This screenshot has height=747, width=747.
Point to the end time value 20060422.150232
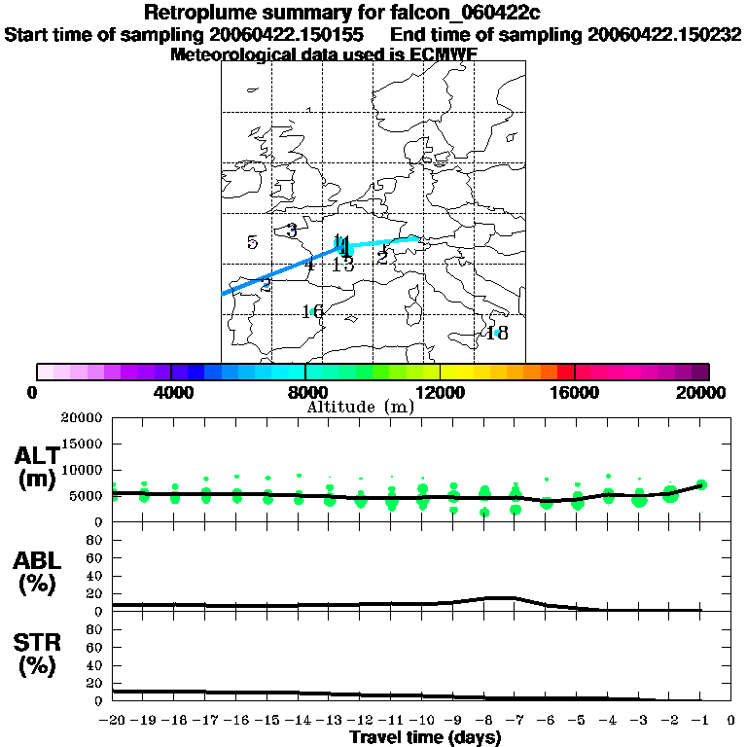point(665,34)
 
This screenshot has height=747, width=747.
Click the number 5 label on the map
point(252,243)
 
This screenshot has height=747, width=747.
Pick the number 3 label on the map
point(292,231)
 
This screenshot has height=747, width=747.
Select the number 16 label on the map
point(312,312)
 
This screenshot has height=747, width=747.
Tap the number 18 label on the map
point(497,334)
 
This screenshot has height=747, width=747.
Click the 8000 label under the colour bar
point(306,393)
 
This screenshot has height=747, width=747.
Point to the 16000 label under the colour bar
point(574,393)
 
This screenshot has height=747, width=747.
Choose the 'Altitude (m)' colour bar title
point(360,407)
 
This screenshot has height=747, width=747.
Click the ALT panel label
point(36,467)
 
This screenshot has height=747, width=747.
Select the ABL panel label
point(36,572)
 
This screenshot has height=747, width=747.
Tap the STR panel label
point(36,654)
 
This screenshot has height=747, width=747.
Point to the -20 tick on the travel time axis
point(114,721)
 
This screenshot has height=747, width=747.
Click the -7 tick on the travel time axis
point(515,721)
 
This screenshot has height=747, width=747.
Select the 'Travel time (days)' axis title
point(425,737)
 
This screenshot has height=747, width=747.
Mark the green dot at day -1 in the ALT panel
point(701,484)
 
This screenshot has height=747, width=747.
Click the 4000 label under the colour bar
point(171,393)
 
